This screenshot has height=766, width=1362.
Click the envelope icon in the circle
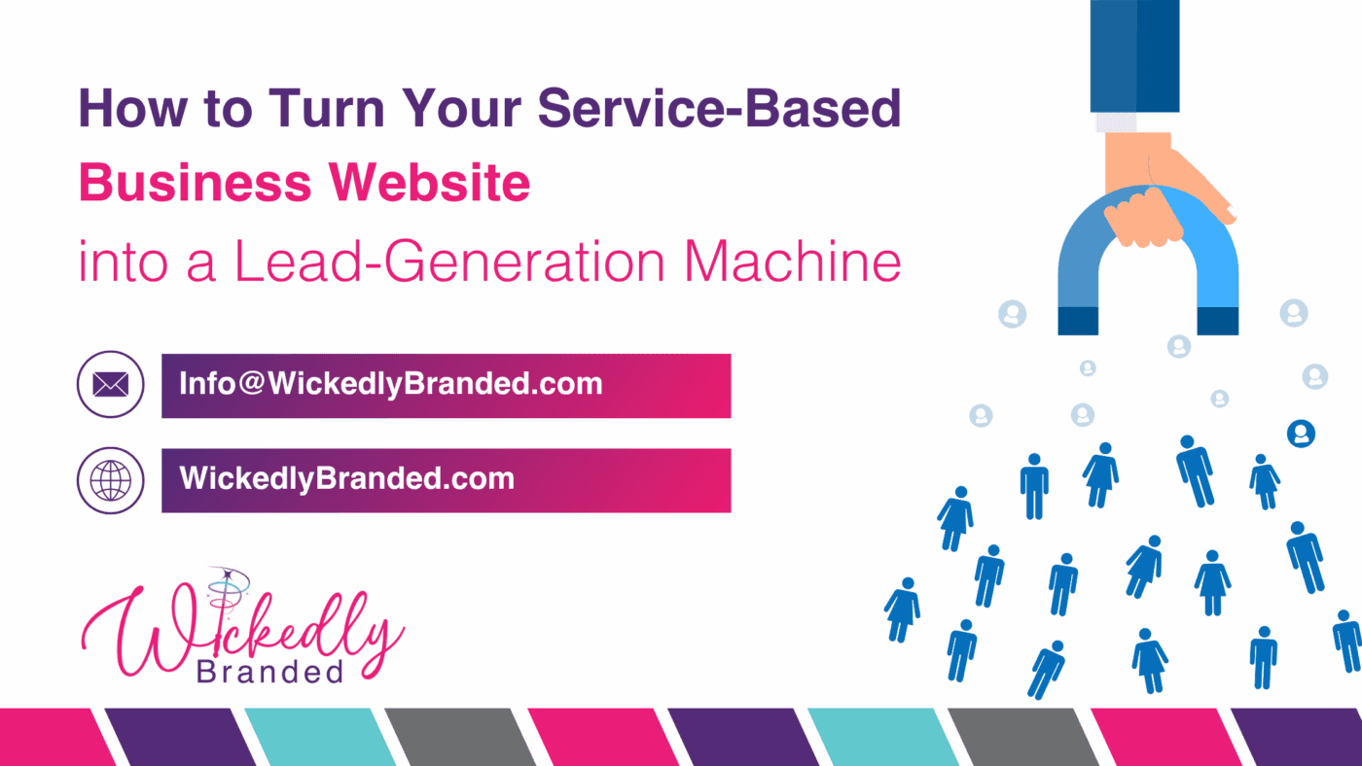(x=111, y=386)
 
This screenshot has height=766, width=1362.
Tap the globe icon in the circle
(x=111, y=480)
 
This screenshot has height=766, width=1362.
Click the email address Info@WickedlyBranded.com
(x=390, y=384)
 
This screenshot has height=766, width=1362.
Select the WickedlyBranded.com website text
(x=346, y=478)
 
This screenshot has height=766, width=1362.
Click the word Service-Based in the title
(x=720, y=108)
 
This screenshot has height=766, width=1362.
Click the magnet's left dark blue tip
(x=1078, y=320)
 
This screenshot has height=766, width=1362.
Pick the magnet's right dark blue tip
(x=1217, y=320)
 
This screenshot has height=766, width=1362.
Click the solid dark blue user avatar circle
(x=1301, y=434)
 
